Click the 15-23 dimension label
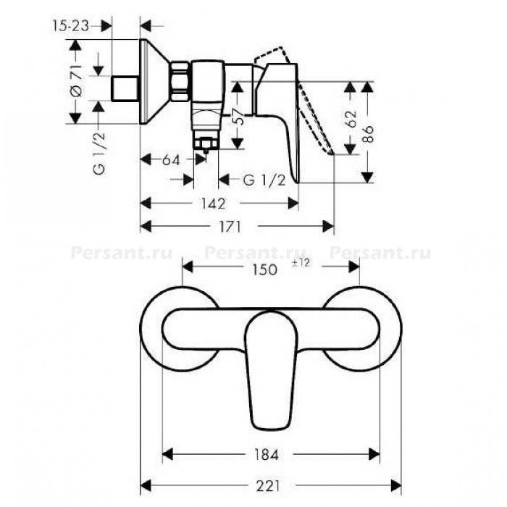tap(70, 26)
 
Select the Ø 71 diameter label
tap(76, 80)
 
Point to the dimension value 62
tap(350, 119)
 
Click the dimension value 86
tap(368, 133)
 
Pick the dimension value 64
tap(171, 160)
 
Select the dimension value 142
tap(214, 204)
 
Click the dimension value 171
tap(230, 227)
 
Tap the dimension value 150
tap(264, 269)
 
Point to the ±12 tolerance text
tap(301, 262)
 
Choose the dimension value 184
tap(266, 455)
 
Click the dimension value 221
tap(268, 486)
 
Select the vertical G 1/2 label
tap(100, 153)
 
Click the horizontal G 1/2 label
tap(264, 180)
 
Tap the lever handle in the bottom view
tap(271, 355)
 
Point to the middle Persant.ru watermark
tap(254, 252)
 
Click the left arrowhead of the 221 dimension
tap(146, 486)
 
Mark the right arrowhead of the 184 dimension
tap(374, 455)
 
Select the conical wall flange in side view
tap(155, 82)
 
